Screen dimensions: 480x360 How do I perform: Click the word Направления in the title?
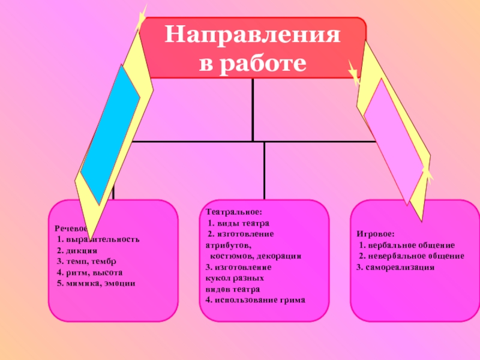[x=253, y=37]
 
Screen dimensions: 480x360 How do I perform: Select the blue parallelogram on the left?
[x=110, y=134]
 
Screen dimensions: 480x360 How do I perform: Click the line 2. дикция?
[x=77, y=250]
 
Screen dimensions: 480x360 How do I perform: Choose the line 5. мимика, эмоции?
[x=96, y=283]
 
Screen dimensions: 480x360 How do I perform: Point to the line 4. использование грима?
[x=255, y=299]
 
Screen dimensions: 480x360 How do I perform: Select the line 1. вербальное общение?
[x=407, y=245]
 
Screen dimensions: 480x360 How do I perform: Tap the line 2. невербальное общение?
[x=411, y=256]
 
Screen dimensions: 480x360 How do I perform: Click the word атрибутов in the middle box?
[x=229, y=245]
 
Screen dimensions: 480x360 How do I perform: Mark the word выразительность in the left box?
[x=103, y=239]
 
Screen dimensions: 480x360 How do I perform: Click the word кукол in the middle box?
[x=217, y=278]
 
